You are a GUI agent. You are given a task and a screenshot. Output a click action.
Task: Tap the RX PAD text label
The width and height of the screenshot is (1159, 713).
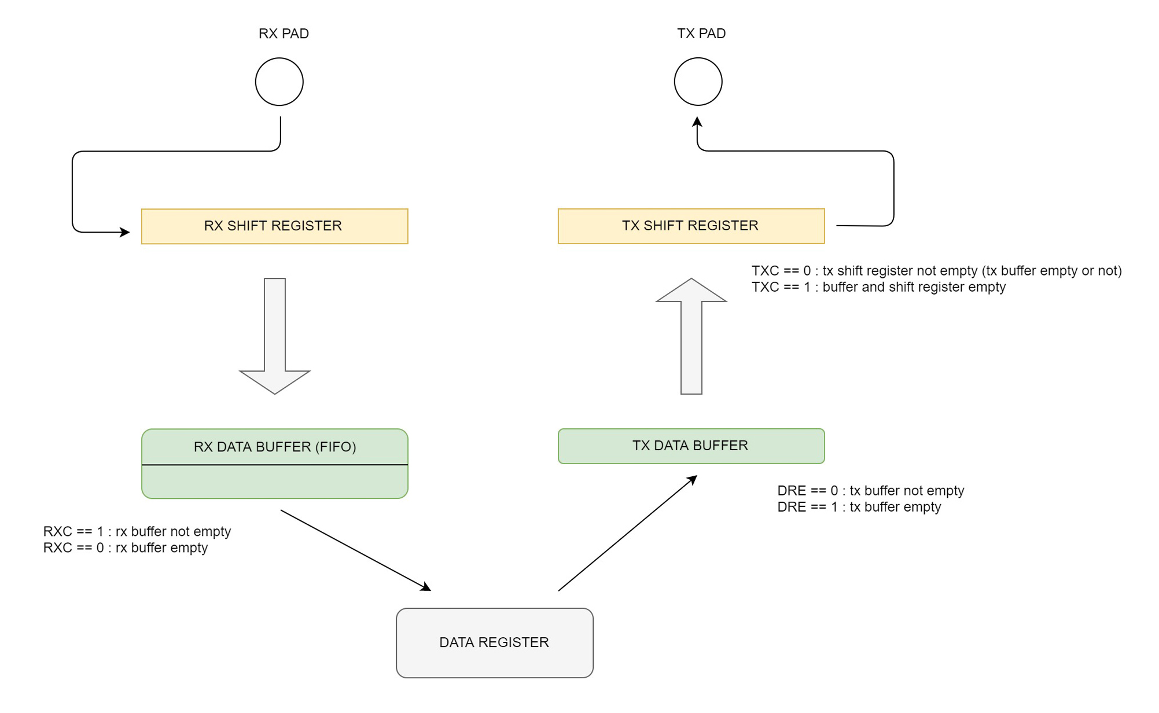[284, 34]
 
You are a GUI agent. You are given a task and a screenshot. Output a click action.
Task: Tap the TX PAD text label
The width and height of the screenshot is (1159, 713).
[701, 34]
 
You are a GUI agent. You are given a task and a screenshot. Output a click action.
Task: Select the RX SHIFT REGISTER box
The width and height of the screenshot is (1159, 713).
[275, 226]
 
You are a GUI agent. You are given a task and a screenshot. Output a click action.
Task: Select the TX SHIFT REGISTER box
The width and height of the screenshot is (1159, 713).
[691, 226]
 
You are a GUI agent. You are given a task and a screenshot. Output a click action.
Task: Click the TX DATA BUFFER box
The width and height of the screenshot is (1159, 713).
[691, 446]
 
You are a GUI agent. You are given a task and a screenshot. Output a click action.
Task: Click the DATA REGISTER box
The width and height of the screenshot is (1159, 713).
[495, 643]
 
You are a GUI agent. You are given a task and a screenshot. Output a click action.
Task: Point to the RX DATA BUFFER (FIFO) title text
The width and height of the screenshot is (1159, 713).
[275, 447]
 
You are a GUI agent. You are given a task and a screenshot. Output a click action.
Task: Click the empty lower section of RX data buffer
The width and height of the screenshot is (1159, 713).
[275, 482]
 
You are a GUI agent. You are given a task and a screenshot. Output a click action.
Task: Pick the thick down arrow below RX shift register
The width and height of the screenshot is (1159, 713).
[275, 336]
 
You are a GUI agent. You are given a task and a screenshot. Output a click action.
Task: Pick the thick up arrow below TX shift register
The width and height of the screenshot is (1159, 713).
[691, 336]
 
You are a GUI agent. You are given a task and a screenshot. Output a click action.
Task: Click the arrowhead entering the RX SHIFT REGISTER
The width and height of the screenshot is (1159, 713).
[125, 232]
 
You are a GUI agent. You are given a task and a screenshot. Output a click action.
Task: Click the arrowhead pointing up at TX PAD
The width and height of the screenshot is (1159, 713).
[697, 122]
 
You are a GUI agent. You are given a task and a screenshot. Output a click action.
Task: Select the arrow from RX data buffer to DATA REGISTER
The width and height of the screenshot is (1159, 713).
[356, 550]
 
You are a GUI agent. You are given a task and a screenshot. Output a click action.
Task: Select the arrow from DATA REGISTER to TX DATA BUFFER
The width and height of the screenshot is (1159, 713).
[628, 533]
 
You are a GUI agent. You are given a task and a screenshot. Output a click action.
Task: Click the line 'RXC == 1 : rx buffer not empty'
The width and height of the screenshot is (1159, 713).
[137, 531]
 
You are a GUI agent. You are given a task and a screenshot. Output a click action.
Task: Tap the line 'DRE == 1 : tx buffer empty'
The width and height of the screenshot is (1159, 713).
[859, 507]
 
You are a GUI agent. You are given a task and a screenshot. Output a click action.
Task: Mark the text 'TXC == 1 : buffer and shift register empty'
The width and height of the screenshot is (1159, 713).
[879, 287]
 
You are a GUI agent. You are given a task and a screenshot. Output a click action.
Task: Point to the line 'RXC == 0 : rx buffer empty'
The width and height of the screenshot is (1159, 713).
[126, 547]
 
